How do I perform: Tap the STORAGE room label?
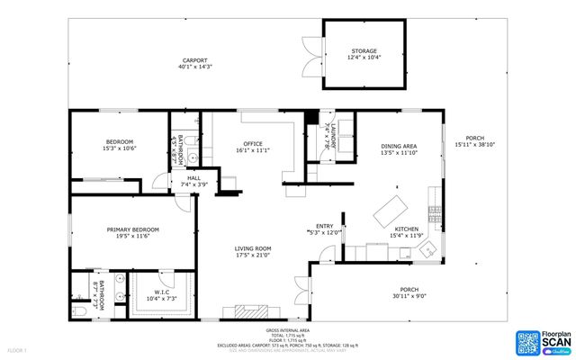364,51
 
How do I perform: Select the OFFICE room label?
252,143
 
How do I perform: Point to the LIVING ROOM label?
253,248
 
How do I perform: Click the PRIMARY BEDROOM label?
132,229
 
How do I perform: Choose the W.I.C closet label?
161,292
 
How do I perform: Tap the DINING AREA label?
399,146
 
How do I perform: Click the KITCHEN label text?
407,229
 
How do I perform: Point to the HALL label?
193,178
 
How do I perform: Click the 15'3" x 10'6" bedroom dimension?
120,148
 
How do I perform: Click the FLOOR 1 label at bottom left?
17,350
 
